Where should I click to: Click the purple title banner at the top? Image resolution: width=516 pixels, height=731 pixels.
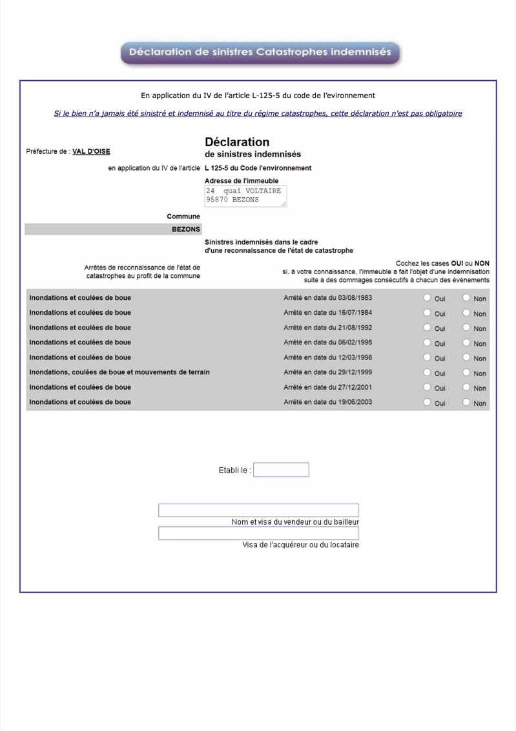point(260,52)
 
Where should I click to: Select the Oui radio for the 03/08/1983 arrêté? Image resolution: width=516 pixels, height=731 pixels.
point(426,298)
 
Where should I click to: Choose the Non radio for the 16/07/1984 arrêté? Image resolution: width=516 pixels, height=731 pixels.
point(466,313)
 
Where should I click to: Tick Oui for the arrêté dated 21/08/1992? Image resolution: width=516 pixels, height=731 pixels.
point(426,328)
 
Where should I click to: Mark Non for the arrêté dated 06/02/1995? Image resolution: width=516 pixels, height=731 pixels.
point(466,343)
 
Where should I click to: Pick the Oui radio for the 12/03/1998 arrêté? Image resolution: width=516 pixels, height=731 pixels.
point(426,357)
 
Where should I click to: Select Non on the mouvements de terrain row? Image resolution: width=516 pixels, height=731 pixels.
point(466,372)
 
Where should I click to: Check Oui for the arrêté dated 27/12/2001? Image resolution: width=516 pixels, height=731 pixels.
point(426,387)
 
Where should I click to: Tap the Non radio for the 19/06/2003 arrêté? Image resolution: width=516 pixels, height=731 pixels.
point(466,402)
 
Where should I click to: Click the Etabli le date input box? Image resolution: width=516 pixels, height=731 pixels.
point(281,470)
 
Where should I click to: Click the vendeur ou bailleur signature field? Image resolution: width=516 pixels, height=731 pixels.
point(258,511)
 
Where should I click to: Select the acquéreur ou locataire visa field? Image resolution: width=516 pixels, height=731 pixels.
point(258,533)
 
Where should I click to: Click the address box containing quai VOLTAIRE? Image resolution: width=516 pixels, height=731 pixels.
point(245,196)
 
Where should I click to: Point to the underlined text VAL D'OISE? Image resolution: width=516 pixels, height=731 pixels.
point(91,152)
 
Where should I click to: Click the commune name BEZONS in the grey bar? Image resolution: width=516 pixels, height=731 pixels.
point(186,229)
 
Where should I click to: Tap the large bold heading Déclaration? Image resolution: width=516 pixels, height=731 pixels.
point(237,142)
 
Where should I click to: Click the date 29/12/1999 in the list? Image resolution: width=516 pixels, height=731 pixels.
point(354,372)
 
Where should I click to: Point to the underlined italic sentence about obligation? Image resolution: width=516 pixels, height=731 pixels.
point(258,114)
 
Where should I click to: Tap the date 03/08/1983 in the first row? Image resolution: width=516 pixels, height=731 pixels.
point(354,298)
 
